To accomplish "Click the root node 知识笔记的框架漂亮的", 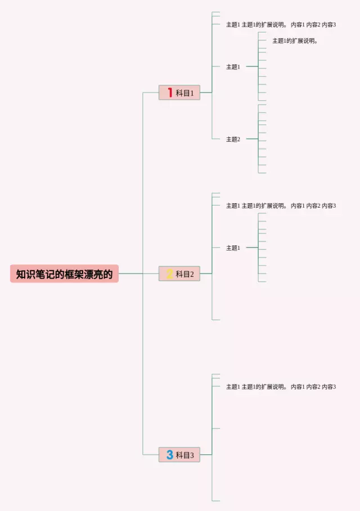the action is click(64, 274).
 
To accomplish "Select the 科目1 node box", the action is click(179, 93).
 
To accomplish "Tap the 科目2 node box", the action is click(179, 274).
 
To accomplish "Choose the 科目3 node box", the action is click(179, 455).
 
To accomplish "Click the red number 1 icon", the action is click(169, 93).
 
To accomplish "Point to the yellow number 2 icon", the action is click(169, 274).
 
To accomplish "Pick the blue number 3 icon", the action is click(169, 455).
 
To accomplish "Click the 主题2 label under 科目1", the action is click(233, 139).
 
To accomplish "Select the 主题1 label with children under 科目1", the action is click(233, 67).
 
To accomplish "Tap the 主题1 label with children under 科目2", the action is click(233, 248).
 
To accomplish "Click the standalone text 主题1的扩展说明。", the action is click(295, 41).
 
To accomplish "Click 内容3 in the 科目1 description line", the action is click(328, 25).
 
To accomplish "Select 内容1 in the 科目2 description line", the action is click(298, 205).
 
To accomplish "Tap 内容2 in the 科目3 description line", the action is click(313, 387).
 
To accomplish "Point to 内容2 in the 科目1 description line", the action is click(313, 25).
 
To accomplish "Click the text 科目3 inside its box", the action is click(184, 455).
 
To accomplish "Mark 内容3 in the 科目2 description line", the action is click(328, 205).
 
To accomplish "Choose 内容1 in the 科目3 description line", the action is click(298, 387).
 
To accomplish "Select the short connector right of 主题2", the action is click(251, 138).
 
